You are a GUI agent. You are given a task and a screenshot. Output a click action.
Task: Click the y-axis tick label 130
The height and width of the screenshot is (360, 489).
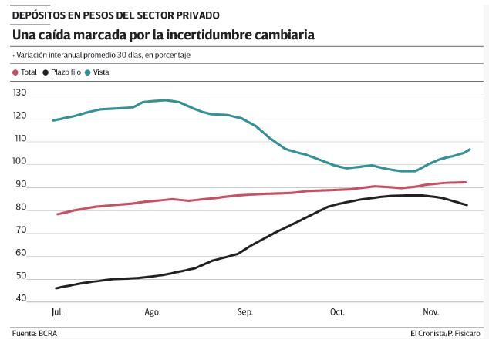pos(21,93)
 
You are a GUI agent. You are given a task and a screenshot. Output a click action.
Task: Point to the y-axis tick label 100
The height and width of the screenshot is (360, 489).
pos(21,163)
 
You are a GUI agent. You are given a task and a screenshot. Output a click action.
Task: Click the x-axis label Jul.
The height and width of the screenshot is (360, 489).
pos(56,312)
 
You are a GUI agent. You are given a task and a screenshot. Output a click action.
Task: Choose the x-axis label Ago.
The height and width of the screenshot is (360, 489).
pos(152,312)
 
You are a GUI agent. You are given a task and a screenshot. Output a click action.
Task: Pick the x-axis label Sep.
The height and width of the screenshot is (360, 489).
pos(245,312)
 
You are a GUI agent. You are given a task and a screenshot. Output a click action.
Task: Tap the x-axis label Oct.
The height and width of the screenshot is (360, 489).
pos(337,312)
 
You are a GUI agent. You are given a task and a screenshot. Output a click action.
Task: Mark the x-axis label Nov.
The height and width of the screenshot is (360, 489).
pos(430,312)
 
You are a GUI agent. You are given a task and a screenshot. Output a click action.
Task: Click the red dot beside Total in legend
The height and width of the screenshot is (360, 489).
pos(16,72)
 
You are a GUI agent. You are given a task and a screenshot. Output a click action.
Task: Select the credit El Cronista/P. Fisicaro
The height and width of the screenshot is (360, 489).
pos(444,333)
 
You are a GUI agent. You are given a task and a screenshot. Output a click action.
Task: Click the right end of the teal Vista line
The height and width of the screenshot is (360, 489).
pos(470,149)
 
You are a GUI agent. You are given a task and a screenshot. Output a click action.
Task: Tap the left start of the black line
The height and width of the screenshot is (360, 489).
pos(56,288)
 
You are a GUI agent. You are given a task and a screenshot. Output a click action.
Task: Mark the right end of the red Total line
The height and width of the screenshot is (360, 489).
pos(465,182)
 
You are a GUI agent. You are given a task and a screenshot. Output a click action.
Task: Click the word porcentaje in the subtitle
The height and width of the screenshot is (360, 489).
pos(172,56)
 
